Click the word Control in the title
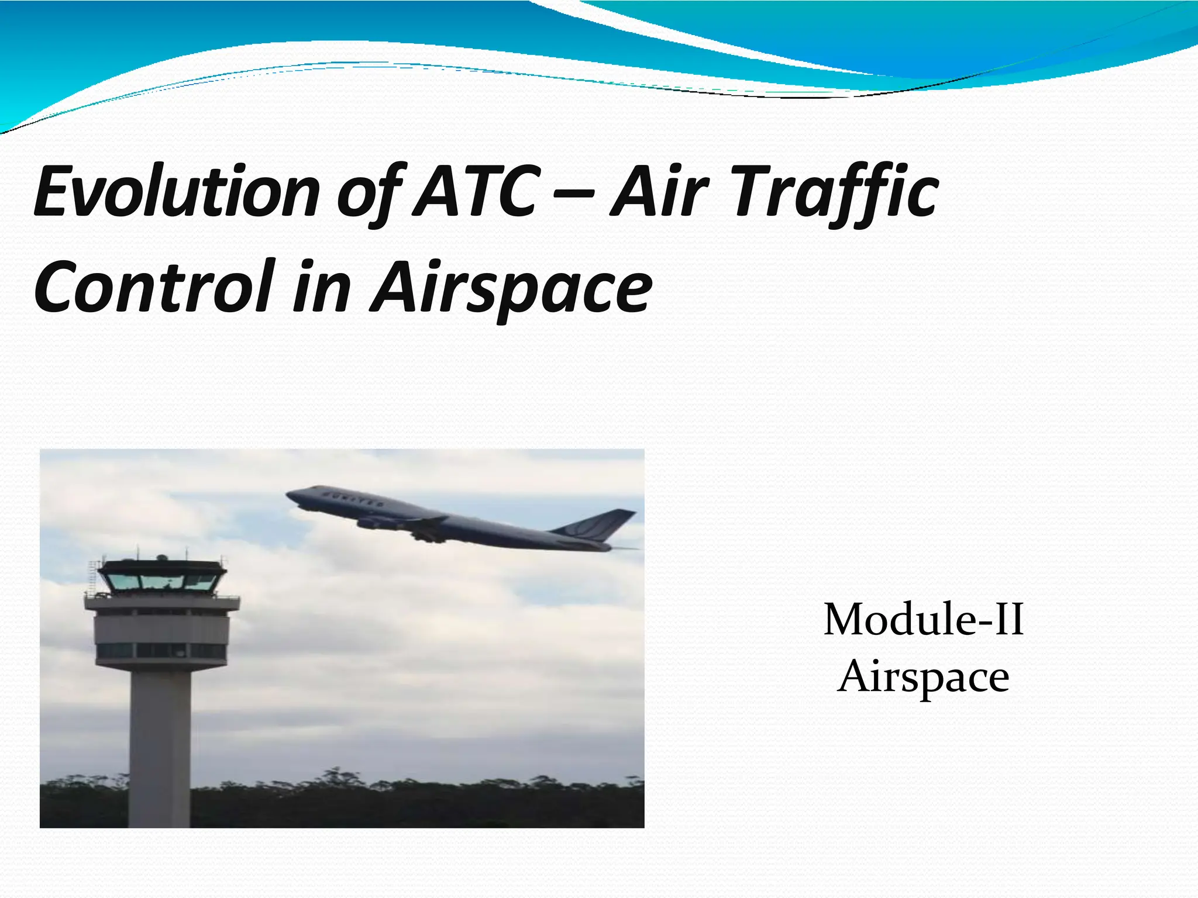coord(156,286)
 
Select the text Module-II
coord(923,620)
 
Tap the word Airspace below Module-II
coord(923,677)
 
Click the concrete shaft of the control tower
coord(160,748)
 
